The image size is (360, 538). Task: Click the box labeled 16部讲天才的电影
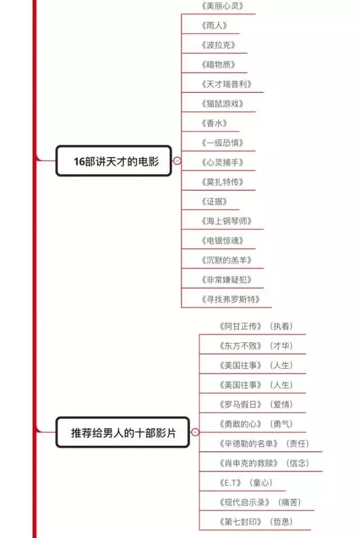tap(114, 161)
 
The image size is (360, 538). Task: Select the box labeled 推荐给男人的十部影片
tap(123, 432)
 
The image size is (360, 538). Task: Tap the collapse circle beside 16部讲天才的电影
tap(177, 161)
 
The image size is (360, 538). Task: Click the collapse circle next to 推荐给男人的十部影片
tap(195, 432)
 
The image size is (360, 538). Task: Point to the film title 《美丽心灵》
tap(222, 6)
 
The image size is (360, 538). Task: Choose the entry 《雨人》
tap(214, 25)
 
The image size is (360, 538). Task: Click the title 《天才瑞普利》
tap(227, 84)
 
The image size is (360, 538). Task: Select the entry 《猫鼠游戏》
tap(222, 103)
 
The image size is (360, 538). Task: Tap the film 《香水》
tap(214, 123)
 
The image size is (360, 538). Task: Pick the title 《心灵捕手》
tap(222, 162)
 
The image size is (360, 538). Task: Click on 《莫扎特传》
tap(222, 182)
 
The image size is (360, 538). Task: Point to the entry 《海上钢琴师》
tap(227, 221)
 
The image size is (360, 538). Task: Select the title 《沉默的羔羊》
tap(227, 260)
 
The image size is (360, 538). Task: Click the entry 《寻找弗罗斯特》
tap(231, 299)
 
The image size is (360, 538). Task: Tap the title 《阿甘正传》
tap(241, 326)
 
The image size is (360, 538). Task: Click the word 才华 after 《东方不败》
tap(281, 346)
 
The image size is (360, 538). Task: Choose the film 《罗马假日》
tap(241, 404)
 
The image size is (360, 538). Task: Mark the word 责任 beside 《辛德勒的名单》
tap(298, 444)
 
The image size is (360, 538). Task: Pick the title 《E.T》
tap(231, 483)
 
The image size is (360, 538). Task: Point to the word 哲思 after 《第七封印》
tap(281, 522)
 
